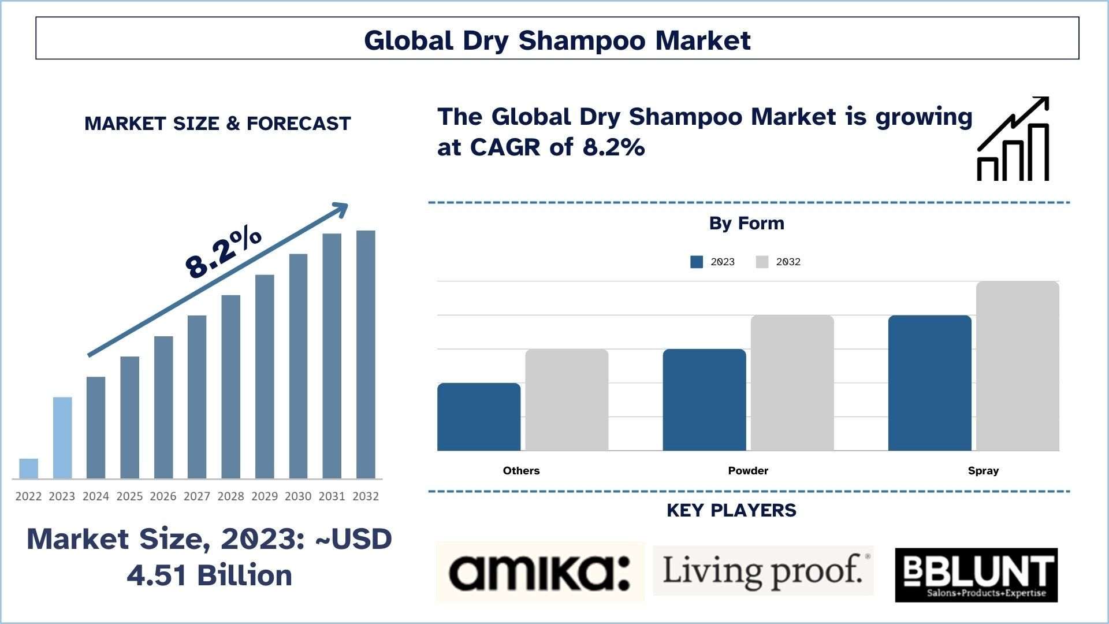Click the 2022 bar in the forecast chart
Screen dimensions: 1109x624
pos(28,469)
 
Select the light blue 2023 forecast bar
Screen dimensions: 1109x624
pos(62,438)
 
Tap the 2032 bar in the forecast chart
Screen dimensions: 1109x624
pos(366,355)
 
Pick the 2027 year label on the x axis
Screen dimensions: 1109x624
pos(197,496)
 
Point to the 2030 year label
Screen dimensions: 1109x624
pos(298,496)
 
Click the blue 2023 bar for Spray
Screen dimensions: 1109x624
pos(930,383)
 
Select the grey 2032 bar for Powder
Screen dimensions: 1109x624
pos(792,383)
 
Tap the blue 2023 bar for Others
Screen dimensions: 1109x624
pos(479,417)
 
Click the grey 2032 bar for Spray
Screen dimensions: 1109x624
pos(1018,366)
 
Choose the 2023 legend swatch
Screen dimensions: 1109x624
pos(697,262)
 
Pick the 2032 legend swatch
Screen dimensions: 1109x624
pos(762,262)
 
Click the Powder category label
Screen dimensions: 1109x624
pos(748,470)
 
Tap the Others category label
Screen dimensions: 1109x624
pos(521,470)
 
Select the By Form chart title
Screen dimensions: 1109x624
pos(747,224)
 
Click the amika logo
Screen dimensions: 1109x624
pos(540,571)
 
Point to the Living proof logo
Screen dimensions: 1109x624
pos(763,570)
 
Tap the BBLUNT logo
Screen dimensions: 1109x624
pos(976,575)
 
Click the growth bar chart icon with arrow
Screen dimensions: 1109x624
pos(1013,139)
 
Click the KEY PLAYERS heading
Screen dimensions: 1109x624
pos(731,510)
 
